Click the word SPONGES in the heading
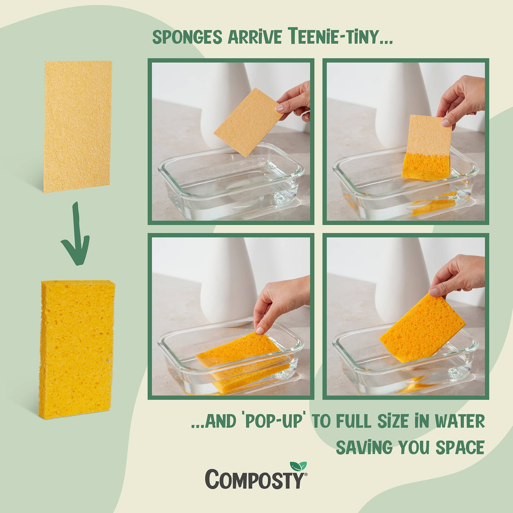187,37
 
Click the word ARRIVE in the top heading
254,37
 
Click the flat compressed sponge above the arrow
77,126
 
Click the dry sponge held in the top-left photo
249,122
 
